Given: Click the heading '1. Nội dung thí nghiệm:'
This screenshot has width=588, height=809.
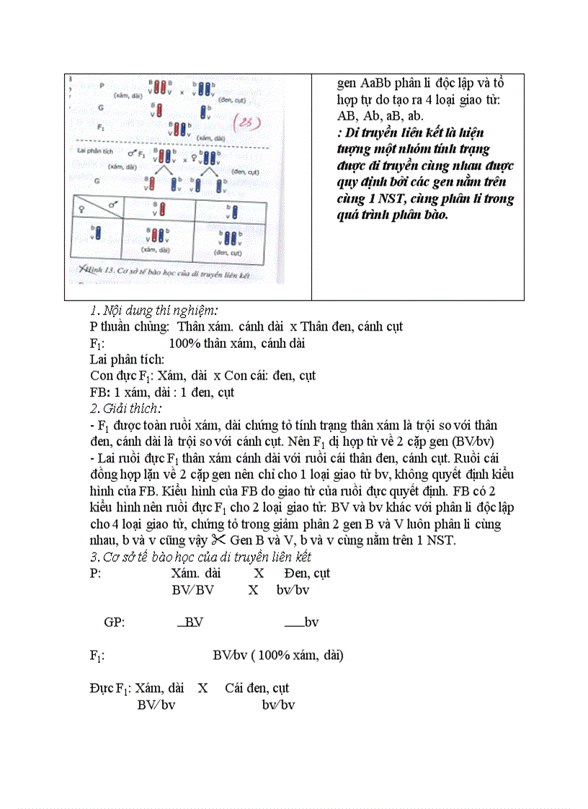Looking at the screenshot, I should [x=153, y=311].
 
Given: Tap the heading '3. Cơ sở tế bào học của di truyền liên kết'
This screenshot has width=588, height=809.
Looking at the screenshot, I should [x=200, y=557].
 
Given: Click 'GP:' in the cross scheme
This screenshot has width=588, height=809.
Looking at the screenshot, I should [x=115, y=622].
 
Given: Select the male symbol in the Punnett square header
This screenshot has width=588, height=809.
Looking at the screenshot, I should [x=113, y=205].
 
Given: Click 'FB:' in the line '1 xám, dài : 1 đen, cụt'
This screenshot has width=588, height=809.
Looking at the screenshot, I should [x=99, y=393].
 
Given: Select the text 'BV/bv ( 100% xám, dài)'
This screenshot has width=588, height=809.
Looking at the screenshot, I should [x=277, y=656].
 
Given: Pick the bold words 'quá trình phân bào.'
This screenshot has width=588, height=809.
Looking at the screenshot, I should [x=392, y=215].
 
